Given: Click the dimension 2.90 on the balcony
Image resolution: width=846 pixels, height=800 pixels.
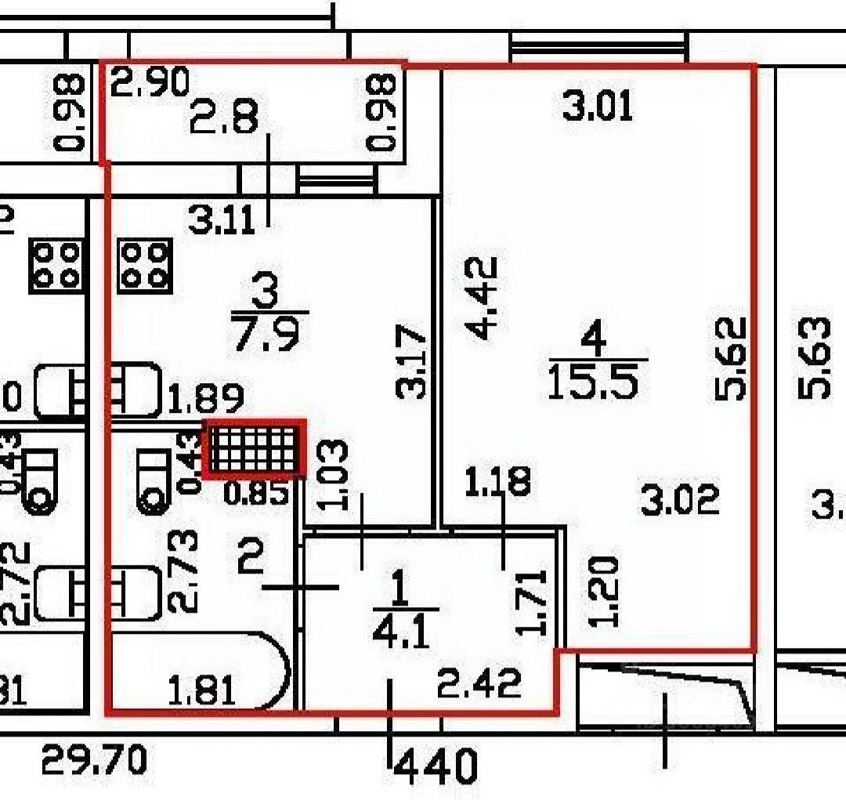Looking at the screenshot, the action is point(150,82).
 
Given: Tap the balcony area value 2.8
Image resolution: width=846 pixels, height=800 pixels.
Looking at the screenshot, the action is point(223,121).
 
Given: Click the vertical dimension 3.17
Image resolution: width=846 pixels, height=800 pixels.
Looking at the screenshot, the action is point(412,364).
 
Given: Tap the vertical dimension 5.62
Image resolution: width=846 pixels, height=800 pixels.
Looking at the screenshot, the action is point(732,358).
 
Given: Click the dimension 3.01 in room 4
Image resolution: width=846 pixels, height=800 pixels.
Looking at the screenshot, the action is point(597,106).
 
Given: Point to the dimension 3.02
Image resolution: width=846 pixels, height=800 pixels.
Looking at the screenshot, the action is point(679,500).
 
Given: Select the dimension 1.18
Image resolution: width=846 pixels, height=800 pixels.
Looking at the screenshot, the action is point(497,481).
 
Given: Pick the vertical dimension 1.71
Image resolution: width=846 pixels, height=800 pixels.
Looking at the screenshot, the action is point(532,602).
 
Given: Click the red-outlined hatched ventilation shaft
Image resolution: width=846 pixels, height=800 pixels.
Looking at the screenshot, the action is point(254,448).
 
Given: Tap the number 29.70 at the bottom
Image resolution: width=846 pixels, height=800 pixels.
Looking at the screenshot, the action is point(93,759).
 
